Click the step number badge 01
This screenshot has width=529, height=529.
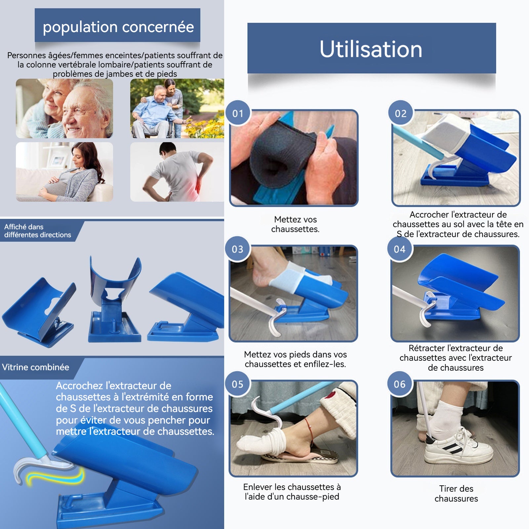point(237,113)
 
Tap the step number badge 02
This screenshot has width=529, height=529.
point(400,113)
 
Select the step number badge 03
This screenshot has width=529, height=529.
point(237,249)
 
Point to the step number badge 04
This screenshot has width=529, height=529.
point(399,249)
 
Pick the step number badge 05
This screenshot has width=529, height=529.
point(237,384)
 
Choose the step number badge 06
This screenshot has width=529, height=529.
point(399,384)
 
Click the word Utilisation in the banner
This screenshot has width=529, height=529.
point(371,49)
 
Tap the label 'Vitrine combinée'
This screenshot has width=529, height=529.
point(35,367)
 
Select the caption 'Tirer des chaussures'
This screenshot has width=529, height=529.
point(456,493)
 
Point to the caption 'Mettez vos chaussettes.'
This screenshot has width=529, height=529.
point(295,224)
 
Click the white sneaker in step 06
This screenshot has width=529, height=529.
point(458,445)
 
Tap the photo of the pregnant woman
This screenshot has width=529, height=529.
point(64,172)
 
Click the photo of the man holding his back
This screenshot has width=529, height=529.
point(177,172)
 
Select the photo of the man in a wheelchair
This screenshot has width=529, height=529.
point(177,108)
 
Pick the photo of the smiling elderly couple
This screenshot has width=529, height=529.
point(64,108)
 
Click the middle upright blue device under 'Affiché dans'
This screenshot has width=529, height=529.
point(115,299)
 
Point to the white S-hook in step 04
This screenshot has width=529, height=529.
point(427,311)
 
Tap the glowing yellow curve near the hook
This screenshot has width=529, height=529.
point(55,476)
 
